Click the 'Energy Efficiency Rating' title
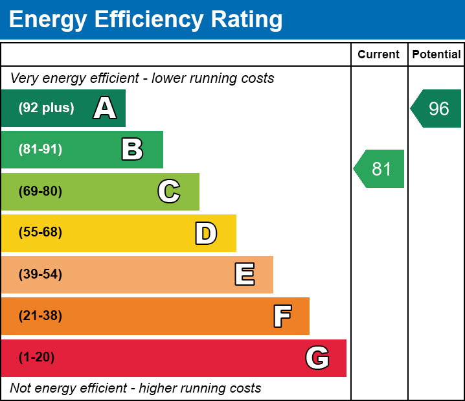[146, 20]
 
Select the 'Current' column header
[379, 55]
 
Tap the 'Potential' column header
[437, 55]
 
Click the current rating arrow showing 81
[380, 169]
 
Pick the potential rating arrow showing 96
[437, 108]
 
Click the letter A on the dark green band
[105, 108]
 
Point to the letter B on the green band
[132, 150]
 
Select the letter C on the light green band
[169, 191]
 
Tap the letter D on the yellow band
[206, 233]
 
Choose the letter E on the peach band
[244, 275]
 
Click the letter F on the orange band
[282, 316]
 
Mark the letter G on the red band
[317, 358]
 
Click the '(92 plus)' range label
[46, 108]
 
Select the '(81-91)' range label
[40, 150]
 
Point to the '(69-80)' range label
[40, 191]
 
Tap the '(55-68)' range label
[40, 233]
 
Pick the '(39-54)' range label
[40, 275]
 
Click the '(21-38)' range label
[40, 316]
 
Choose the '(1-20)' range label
[36, 358]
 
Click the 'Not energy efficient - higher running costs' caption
[135, 389]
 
